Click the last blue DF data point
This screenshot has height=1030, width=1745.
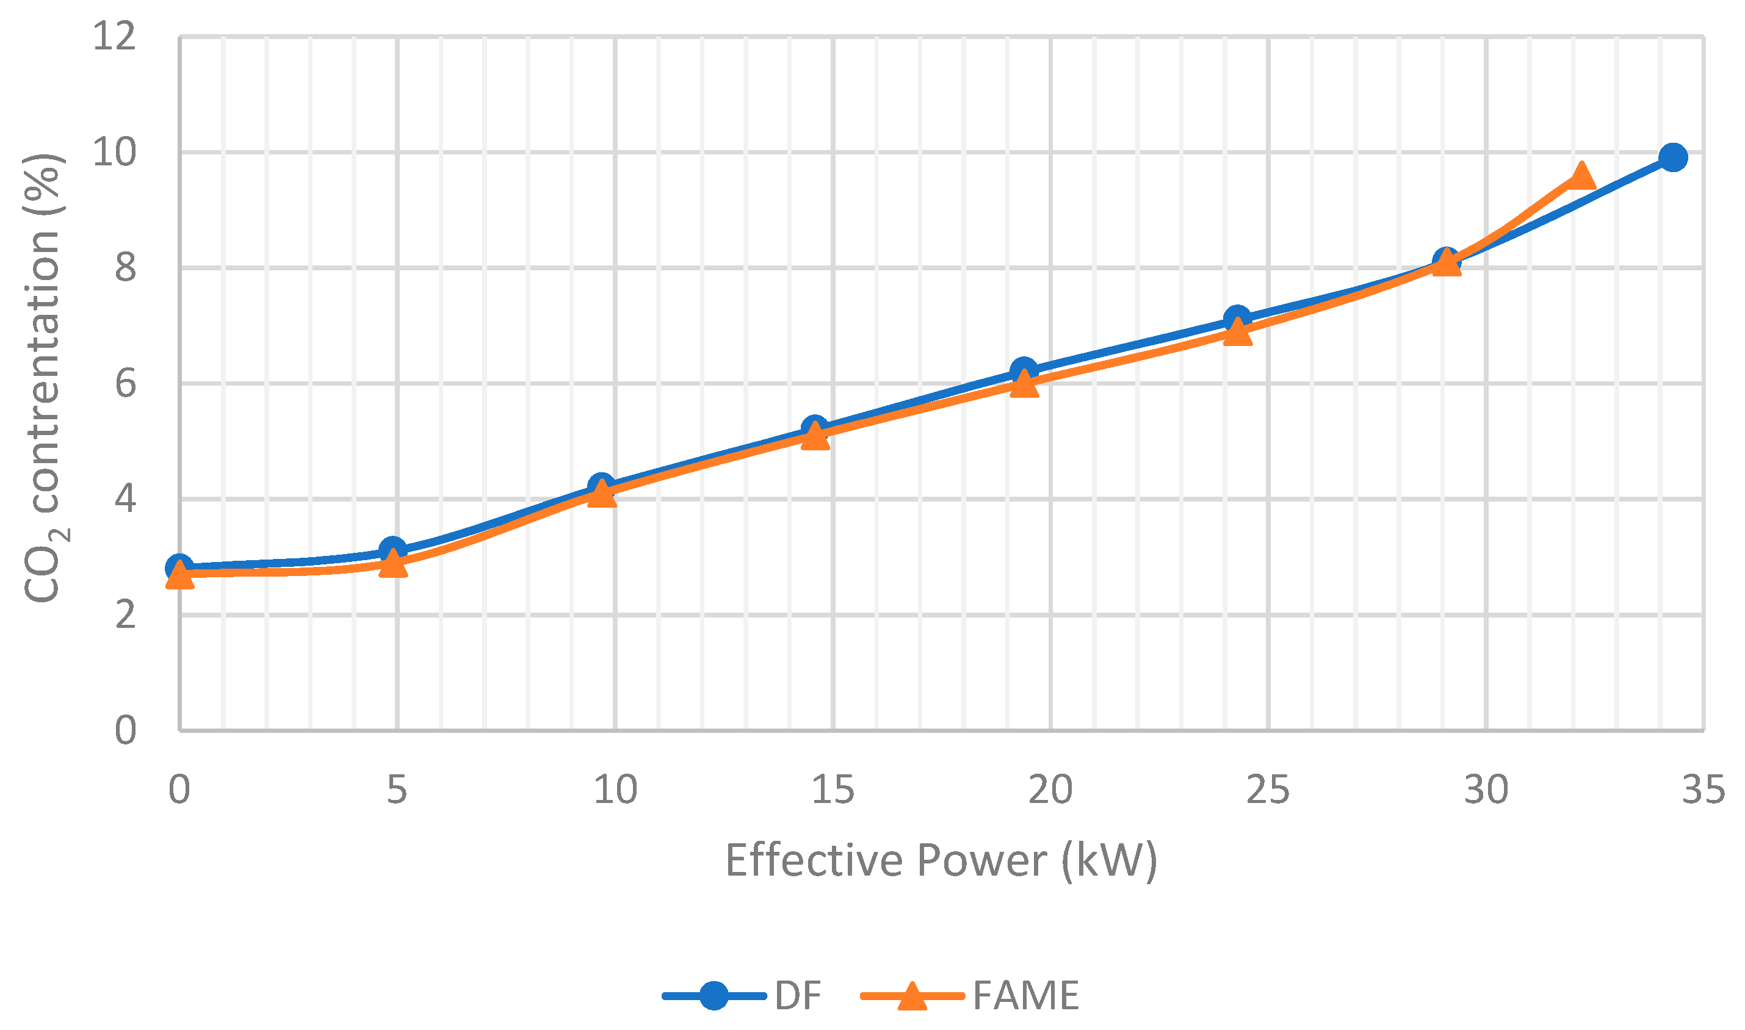click(x=1673, y=157)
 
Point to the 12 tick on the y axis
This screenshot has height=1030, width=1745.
click(x=115, y=36)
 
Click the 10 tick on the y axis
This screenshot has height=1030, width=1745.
click(x=115, y=152)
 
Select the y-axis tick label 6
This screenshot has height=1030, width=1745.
click(x=125, y=383)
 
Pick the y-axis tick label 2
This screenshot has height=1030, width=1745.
click(x=125, y=615)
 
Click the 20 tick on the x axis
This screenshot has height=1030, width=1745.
click(x=1050, y=790)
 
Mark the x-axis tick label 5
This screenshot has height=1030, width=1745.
click(x=396, y=790)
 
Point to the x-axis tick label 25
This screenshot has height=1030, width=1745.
click(x=1268, y=790)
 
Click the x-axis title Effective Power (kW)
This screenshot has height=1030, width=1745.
click(x=941, y=860)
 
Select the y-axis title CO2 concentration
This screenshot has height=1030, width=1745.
click(x=43, y=378)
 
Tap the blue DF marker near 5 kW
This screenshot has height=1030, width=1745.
click(x=393, y=551)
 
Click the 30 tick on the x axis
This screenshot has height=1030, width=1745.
click(x=1486, y=790)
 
